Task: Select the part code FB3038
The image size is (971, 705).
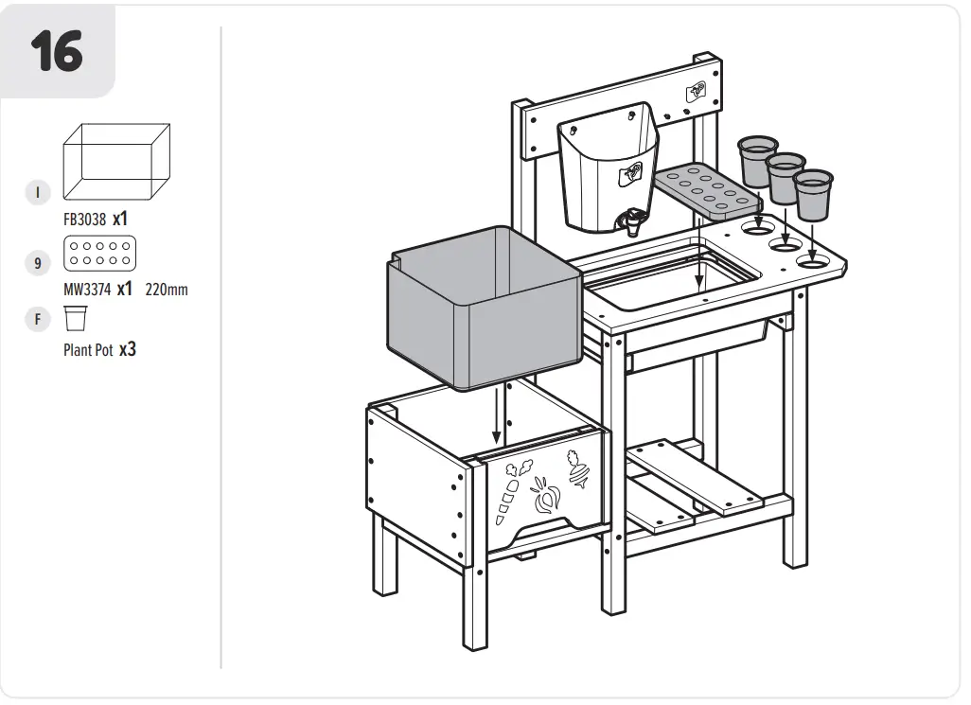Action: coord(84,219)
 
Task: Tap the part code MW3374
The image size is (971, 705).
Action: coord(84,290)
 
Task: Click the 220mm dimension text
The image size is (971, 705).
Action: coord(167,290)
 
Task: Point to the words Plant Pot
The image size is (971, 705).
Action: coord(88,350)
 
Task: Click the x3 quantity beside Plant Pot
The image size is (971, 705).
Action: coord(128,349)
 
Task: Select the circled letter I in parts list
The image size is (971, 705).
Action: coord(37,192)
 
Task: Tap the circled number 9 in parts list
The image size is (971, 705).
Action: coord(37,262)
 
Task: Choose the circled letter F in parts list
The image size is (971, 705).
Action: coord(37,319)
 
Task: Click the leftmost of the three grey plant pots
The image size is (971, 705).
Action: coord(757,161)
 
